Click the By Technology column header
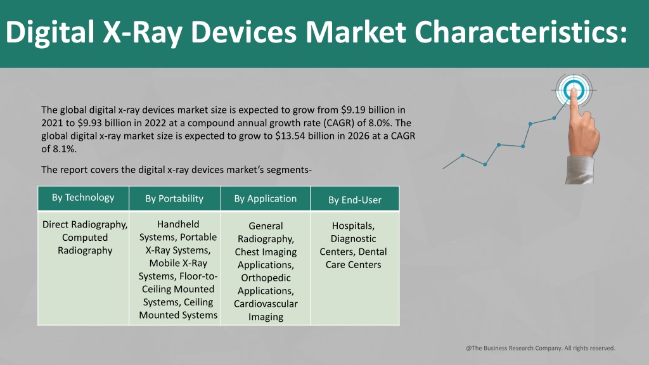pyautogui.click(x=83, y=198)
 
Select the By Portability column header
pyautogui.click(x=174, y=198)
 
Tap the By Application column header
pyautogui.click(x=266, y=198)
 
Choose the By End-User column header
pyautogui.click(x=355, y=200)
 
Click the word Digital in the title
pyautogui.click(x=50, y=33)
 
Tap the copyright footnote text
pyautogui.click(x=541, y=348)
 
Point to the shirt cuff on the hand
pyautogui.click(x=579, y=170)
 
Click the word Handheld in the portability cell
pyautogui.click(x=178, y=224)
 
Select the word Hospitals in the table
pyautogui.click(x=353, y=226)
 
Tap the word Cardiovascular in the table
pyautogui.click(x=266, y=304)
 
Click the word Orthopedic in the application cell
pyautogui.click(x=266, y=278)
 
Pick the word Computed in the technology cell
pyautogui.click(x=85, y=238)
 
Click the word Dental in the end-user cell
pyautogui.click(x=373, y=252)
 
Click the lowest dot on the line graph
pyautogui.click(x=485, y=165)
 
